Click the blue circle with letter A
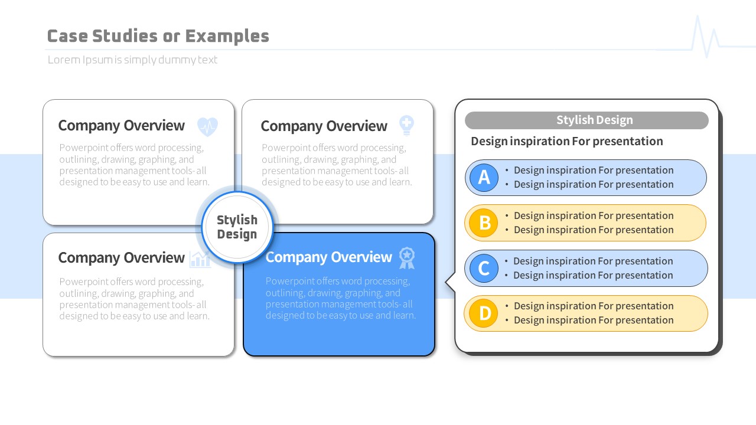(484, 178)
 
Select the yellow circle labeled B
(484, 223)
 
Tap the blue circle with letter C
(484, 269)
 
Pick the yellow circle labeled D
(484, 313)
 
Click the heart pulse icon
(207, 126)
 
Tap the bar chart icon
(200, 260)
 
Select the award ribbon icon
(407, 258)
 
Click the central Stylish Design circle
(237, 227)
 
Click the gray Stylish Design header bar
(586, 120)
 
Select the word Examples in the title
(227, 36)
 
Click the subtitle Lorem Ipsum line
(132, 60)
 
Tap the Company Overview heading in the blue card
(329, 257)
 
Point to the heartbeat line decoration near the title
(705, 37)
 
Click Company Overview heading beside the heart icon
(122, 126)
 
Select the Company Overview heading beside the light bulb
(324, 126)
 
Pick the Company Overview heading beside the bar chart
(122, 258)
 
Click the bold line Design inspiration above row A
(567, 141)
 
